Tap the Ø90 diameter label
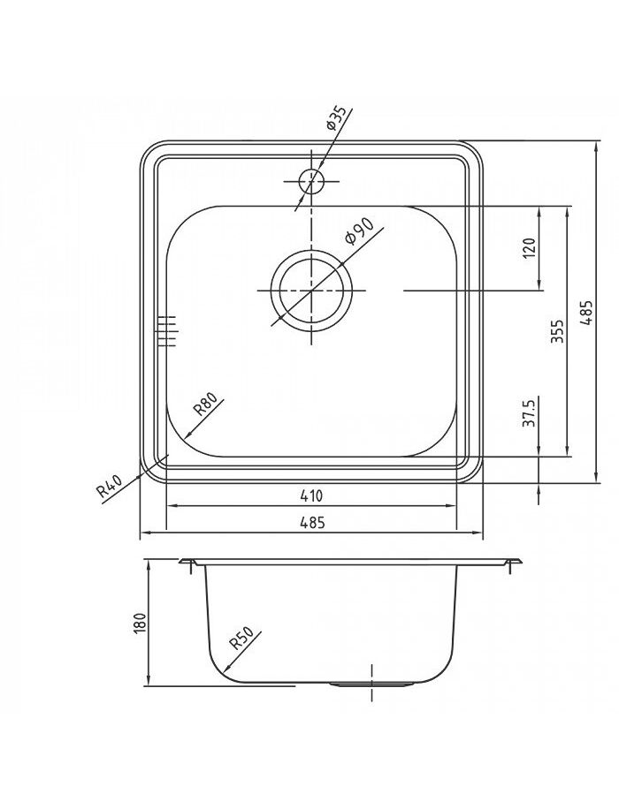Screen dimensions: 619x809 [x=359, y=231]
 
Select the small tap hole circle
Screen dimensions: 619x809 [x=311, y=182]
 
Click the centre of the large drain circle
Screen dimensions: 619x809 [x=311, y=291]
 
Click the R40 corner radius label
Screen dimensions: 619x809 [x=110, y=486]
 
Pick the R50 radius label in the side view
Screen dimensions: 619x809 [x=241, y=637]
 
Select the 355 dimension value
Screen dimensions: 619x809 [x=558, y=331]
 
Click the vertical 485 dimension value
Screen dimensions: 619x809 [x=586, y=313]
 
